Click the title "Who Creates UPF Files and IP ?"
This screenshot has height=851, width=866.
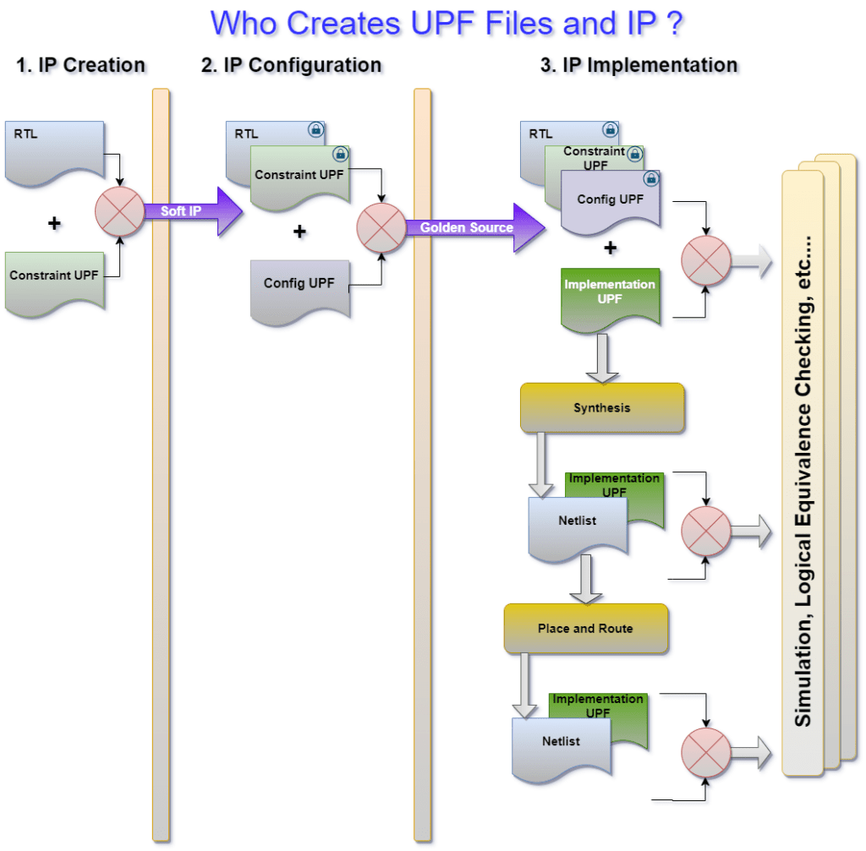pyautogui.click(x=447, y=23)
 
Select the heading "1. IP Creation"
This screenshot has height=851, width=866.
pyautogui.click(x=81, y=65)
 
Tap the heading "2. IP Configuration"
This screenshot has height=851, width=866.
pyautogui.click(x=291, y=65)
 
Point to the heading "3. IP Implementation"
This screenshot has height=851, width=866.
pyautogui.click(x=639, y=65)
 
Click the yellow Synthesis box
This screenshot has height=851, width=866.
pyautogui.click(x=601, y=408)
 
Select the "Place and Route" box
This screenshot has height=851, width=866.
pyautogui.click(x=585, y=629)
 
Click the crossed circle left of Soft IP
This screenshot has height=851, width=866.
pyautogui.click(x=121, y=211)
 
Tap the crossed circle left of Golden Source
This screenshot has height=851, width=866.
pyautogui.click(x=381, y=228)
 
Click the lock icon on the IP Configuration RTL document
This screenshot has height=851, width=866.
pyautogui.click(x=315, y=130)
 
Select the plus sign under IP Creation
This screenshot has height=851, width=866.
pyautogui.click(x=54, y=224)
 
